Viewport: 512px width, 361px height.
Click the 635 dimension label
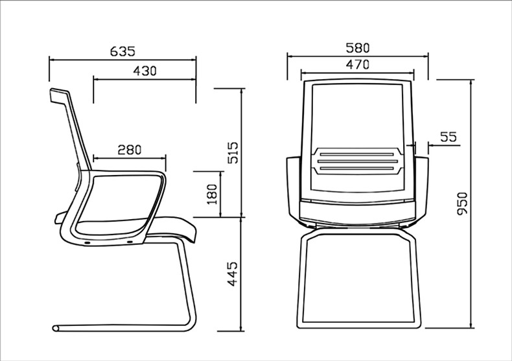point(122,51)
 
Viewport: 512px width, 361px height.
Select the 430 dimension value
point(145,71)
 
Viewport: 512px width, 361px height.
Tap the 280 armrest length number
point(130,150)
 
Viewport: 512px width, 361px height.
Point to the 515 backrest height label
point(233,152)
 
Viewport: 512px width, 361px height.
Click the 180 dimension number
point(212,194)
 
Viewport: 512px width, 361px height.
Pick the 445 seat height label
point(233,274)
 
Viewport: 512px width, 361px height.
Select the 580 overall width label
point(358,48)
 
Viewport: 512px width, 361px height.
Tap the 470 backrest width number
point(358,65)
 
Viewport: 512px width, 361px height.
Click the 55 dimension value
point(448,137)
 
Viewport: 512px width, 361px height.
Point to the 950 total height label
point(462,204)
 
